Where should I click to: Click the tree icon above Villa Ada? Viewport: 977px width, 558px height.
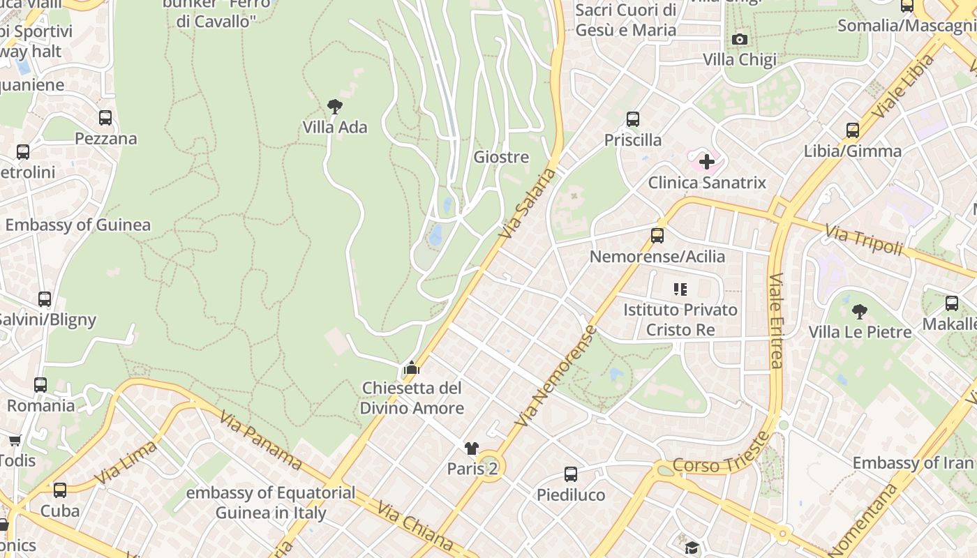pyautogui.click(x=335, y=107)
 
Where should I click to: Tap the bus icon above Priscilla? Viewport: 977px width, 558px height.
pyautogui.click(x=633, y=119)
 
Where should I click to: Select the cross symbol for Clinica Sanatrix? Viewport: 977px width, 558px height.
pyautogui.click(x=707, y=163)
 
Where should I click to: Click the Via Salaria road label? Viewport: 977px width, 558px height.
pyautogui.click(x=528, y=206)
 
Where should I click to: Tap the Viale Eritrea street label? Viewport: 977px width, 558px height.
pyautogui.click(x=776, y=320)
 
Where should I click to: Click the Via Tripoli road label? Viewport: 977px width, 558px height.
pyautogui.click(x=863, y=240)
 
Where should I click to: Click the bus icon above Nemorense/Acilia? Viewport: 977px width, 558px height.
pyautogui.click(x=657, y=236)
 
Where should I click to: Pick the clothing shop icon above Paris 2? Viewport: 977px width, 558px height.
pyautogui.click(x=472, y=448)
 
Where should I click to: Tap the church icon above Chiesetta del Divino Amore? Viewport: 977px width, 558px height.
pyautogui.click(x=412, y=367)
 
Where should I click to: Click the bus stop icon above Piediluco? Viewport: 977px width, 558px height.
pyautogui.click(x=571, y=474)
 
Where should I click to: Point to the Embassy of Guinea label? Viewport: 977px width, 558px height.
pyautogui.click(x=78, y=225)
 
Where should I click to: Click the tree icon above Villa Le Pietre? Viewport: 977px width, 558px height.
pyautogui.click(x=860, y=311)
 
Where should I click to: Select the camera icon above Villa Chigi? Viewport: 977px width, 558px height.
pyautogui.click(x=740, y=39)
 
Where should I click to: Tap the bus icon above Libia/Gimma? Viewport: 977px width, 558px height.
pyautogui.click(x=852, y=130)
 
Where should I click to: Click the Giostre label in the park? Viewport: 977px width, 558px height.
pyautogui.click(x=501, y=157)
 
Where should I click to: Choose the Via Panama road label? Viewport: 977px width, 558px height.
pyautogui.click(x=260, y=441)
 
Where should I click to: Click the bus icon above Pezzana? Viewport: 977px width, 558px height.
pyautogui.click(x=105, y=118)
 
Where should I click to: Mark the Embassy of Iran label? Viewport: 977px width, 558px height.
pyautogui.click(x=912, y=462)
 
